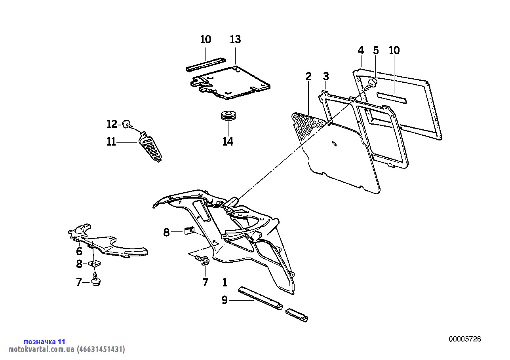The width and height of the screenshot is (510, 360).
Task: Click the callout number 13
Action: (x=235, y=39)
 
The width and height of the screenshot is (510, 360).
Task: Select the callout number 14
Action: (x=228, y=142)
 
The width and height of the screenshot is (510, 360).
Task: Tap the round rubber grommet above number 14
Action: (x=228, y=116)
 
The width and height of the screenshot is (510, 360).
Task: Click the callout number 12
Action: (x=112, y=124)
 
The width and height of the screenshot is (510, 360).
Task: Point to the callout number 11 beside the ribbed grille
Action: (x=111, y=142)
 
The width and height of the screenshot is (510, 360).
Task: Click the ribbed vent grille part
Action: (x=150, y=148)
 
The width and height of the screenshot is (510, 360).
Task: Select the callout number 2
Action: (x=308, y=76)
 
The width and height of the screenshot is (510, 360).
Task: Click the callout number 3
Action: (x=326, y=76)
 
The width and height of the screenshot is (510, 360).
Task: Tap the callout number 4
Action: (x=361, y=50)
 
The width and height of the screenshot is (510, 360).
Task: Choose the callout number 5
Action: (x=376, y=50)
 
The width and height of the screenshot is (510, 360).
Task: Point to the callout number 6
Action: (x=79, y=251)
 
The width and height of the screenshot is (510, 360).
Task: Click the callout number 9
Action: (x=225, y=300)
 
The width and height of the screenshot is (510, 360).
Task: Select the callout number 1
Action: (x=225, y=282)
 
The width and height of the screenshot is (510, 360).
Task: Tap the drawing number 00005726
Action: (x=465, y=339)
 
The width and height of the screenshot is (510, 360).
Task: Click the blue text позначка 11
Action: (x=45, y=342)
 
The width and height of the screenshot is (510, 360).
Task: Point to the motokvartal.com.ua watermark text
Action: (x=67, y=349)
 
